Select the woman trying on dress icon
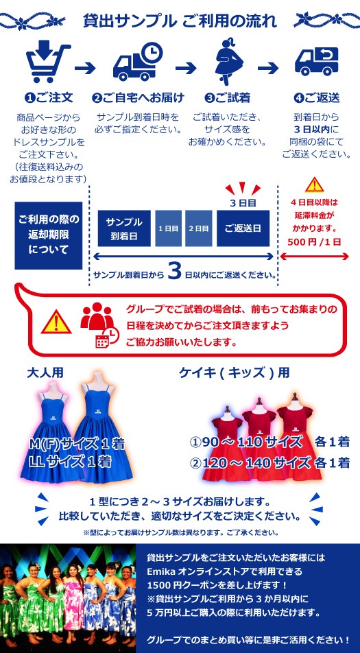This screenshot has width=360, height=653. click(228, 62)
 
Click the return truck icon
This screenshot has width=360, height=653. click(317, 61)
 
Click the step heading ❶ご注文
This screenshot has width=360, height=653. click(49, 98)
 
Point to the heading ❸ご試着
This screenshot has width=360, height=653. click(227, 98)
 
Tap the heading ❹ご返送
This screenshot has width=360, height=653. click(317, 98)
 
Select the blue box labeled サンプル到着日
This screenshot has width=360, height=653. click(124, 228)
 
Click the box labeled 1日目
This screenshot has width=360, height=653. click(168, 228)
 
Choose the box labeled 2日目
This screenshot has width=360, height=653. click(199, 228)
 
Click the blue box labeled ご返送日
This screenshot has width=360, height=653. click(243, 228)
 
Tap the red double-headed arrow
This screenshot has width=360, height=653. click(314, 257)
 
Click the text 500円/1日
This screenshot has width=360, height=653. click(314, 242)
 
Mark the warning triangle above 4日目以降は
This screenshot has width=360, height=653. click(314, 185)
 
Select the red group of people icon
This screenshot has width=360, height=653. click(97, 315)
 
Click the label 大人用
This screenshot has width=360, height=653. click(45, 372)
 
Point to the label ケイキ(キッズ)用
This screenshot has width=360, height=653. click(234, 372)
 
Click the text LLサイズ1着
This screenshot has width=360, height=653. click(70, 462)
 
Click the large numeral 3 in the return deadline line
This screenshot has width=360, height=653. click(176, 271)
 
